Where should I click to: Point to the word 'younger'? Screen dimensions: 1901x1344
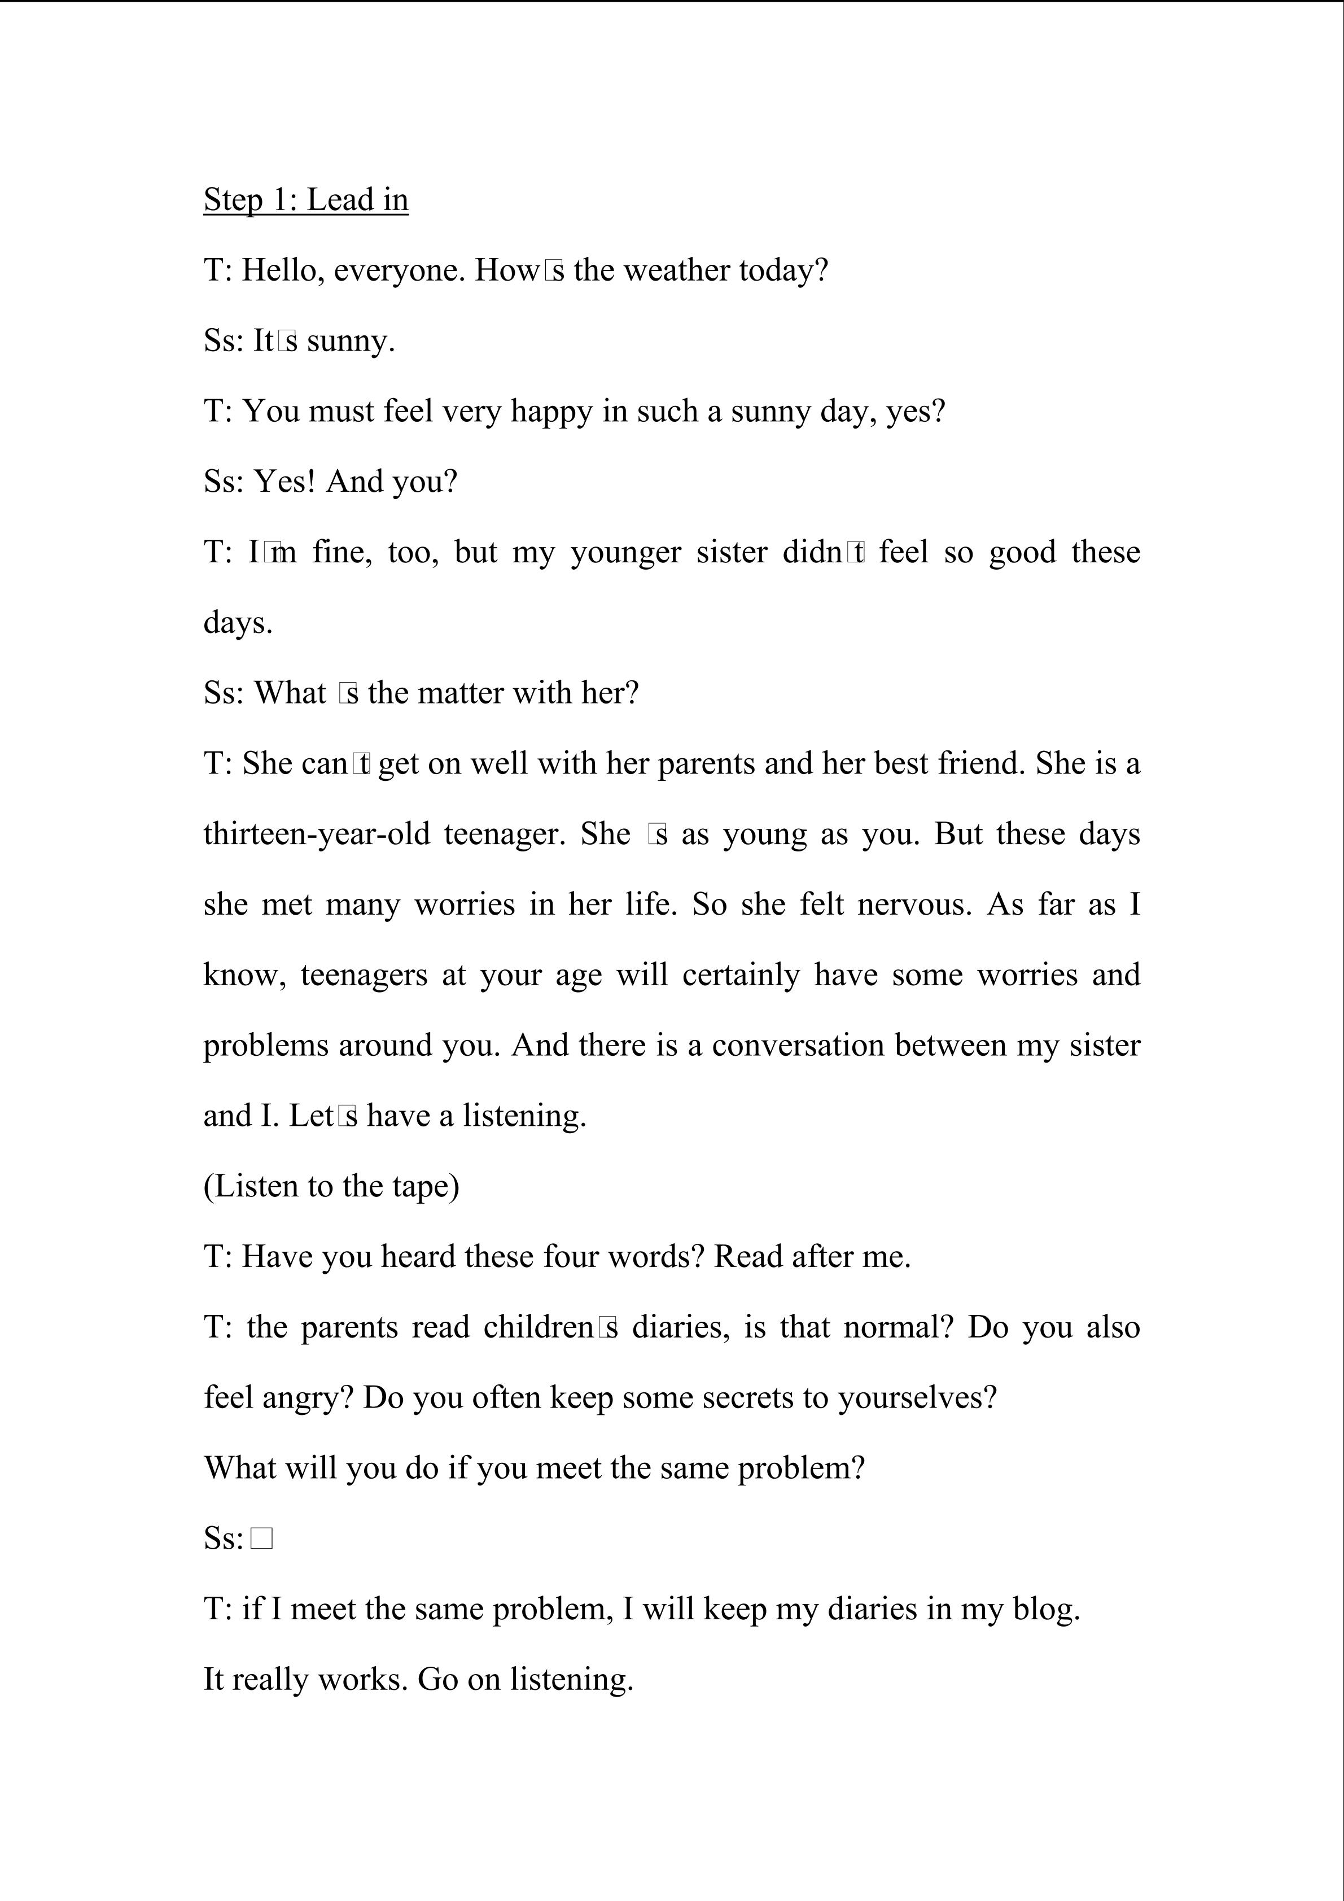[625, 552]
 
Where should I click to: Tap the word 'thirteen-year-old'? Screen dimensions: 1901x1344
[316, 834]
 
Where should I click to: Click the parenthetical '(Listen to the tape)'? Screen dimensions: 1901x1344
[331, 1186]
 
